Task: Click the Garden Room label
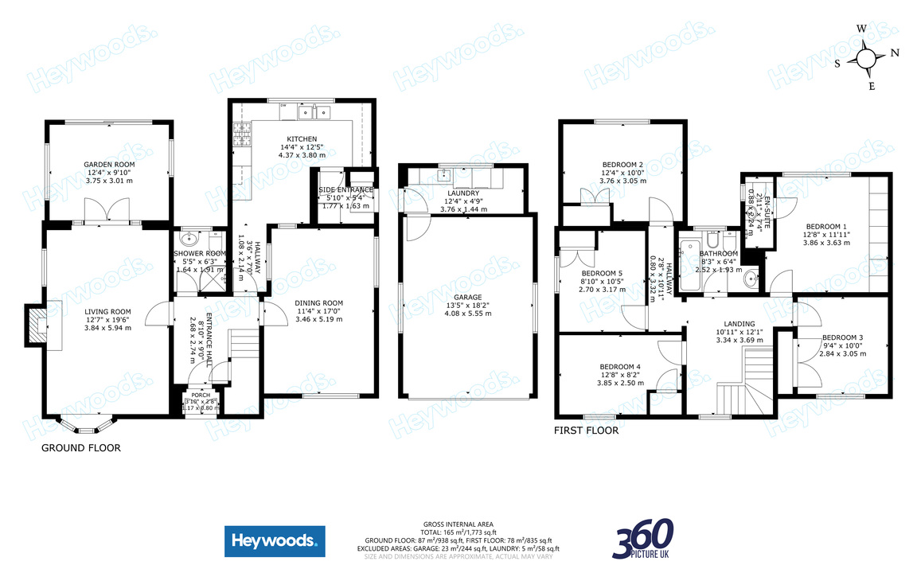point(109,164)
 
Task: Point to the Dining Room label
point(318,302)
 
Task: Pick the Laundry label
point(463,193)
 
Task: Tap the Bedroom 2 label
point(622,164)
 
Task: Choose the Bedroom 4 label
point(620,367)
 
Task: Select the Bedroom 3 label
point(842,337)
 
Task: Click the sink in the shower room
point(191,239)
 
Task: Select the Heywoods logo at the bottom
point(275,542)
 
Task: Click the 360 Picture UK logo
point(642,539)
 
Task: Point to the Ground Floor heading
point(81,448)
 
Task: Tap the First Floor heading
point(586,431)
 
